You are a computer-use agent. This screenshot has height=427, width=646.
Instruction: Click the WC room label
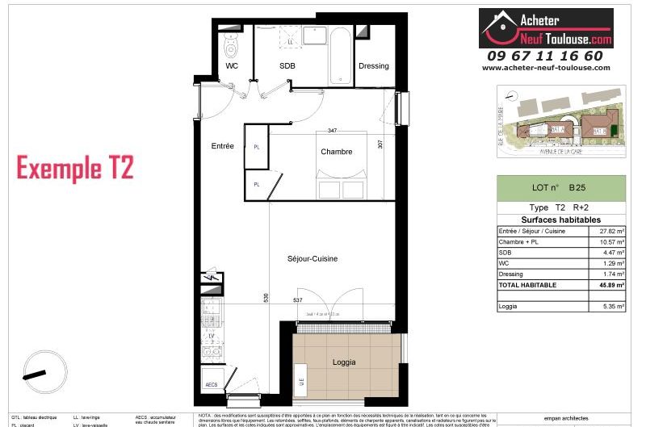232,66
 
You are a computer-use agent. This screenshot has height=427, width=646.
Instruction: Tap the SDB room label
287,66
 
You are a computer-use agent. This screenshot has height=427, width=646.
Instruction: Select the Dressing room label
373,66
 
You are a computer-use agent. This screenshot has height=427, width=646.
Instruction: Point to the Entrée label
222,146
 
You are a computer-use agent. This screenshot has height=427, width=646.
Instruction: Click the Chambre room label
336,151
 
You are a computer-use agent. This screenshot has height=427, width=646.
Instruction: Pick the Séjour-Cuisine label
312,258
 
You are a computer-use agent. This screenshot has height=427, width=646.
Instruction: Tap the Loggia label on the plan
344,362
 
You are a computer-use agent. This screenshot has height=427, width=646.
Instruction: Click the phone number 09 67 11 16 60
545,56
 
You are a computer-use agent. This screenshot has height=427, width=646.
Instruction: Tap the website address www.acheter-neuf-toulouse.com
546,68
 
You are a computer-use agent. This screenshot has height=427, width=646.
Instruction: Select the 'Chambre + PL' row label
521,241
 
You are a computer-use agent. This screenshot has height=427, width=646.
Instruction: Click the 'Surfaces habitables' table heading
560,220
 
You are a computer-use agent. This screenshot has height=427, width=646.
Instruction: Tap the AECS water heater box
212,385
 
